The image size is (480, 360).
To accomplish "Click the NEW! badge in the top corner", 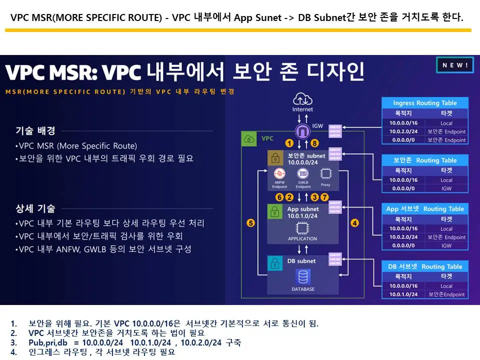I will [x=454, y=65].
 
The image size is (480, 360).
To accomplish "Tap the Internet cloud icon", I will [x=302, y=98].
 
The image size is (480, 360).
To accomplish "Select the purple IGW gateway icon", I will [x=302, y=132].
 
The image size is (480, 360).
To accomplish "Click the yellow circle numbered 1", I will [x=289, y=143].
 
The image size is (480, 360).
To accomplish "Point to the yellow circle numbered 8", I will [x=314, y=143].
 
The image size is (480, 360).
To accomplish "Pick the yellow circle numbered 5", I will [x=250, y=222].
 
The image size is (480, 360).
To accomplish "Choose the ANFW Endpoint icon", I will [x=280, y=174].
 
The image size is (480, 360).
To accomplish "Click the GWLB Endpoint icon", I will [x=302, y=174].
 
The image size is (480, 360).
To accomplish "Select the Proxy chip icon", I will [x=325, y=174].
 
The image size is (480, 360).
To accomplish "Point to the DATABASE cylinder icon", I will [x=302, y=276].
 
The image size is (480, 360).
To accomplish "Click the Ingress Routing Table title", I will [x=424, y=103].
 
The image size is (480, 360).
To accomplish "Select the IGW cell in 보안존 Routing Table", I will [x=446, y=188].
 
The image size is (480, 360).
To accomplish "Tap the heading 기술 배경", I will [x=35, y=131].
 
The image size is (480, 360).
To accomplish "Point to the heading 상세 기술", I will [x=35, y=208].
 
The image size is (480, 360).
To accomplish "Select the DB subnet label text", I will [x=301, y=261].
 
